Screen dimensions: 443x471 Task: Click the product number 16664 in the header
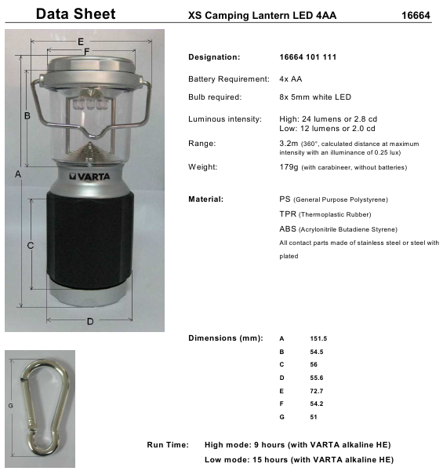415,15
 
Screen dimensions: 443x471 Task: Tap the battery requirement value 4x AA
290,79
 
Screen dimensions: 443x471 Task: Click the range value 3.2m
289,144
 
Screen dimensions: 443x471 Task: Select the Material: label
206,199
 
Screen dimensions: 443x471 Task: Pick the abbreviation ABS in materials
288,228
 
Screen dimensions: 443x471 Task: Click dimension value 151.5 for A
318,338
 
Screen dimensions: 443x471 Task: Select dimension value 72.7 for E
317,390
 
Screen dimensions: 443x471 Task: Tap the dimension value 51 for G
314,416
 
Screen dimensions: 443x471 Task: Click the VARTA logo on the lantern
93,178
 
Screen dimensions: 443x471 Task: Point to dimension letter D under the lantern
89,321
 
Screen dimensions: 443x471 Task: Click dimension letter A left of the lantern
17,175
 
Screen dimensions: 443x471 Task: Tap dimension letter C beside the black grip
30,246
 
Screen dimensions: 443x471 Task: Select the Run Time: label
167,445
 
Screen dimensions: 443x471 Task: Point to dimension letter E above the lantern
81,41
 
